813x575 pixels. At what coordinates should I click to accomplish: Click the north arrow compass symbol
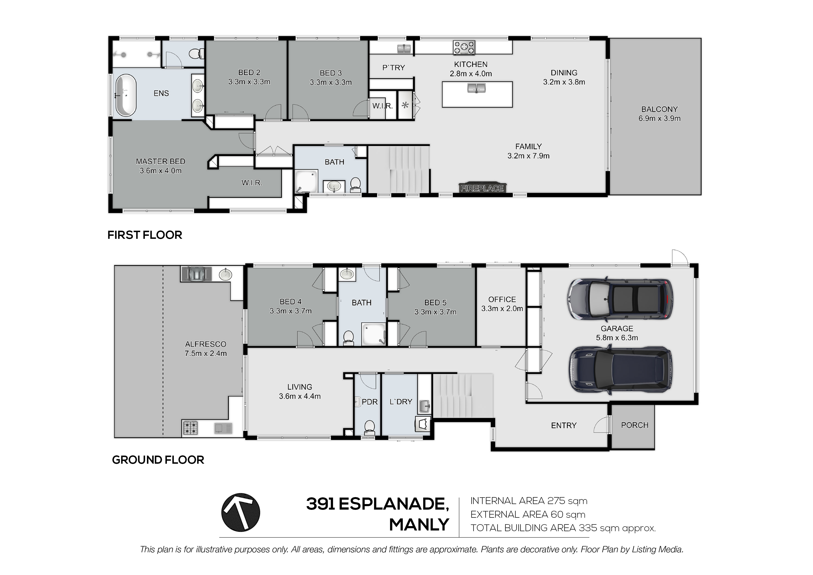point(241,512)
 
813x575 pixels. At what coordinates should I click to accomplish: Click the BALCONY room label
point(659,109)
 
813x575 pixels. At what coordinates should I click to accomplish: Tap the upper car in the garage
point(620,298)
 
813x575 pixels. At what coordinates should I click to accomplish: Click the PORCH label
point(635,425)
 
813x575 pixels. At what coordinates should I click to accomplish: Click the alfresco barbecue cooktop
point(190,428)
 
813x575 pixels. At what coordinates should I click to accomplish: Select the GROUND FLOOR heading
point(158,460)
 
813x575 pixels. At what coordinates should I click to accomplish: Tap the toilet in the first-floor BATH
point(355,185)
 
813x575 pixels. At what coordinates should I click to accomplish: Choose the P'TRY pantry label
point(393,68)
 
